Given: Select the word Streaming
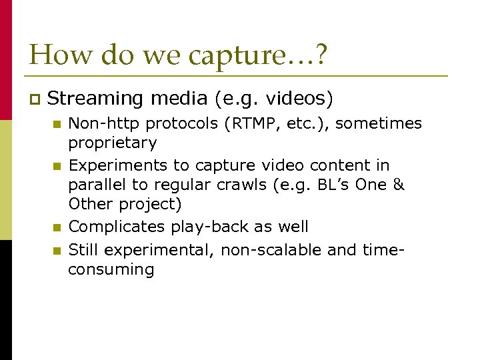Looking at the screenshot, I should (96, 99).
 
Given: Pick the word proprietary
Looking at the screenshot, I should (113, 143).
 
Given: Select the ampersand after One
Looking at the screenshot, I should (398, 184).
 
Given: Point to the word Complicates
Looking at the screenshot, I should (120, 227).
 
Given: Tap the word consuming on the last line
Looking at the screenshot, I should (111, 269).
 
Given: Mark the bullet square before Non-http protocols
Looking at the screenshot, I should (56, 124).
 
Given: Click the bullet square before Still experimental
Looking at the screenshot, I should (56, 251).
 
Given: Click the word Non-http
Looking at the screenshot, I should (105, 123).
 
